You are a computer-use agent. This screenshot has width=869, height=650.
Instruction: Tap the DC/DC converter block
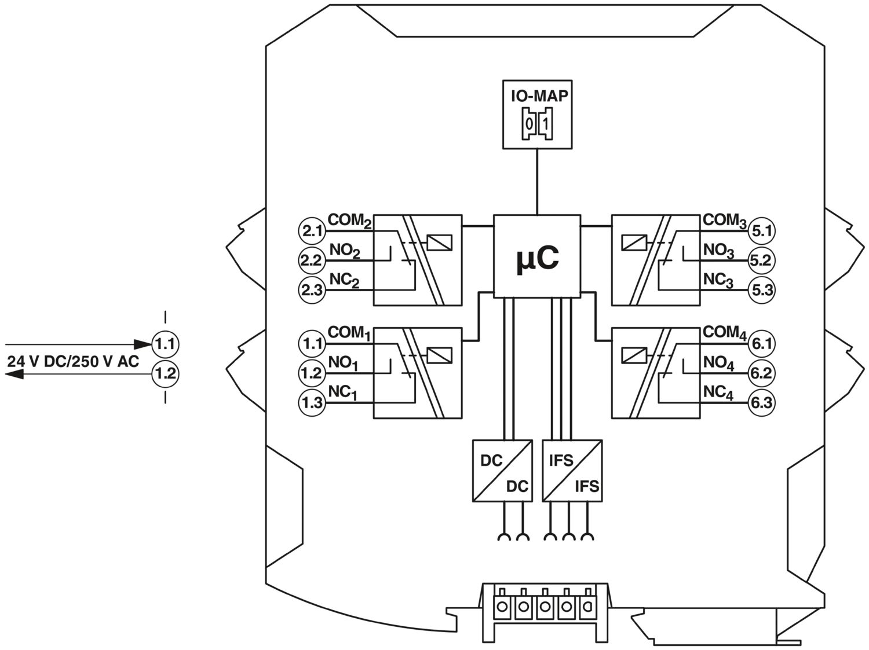tap(501, 470)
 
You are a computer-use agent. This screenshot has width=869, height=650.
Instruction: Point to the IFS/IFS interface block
tap(572, 470)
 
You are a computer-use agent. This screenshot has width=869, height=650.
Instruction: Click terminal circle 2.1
tap(312, 231)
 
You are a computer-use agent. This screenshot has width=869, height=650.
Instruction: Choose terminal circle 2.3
tap(312, 289)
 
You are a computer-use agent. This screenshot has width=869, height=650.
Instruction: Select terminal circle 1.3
tap(312, 402)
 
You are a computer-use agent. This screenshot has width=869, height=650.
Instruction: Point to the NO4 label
tap(718, 363)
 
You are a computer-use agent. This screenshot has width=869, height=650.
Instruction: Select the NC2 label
tap(344, 280)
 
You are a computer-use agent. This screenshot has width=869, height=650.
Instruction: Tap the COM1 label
tap(348, 333)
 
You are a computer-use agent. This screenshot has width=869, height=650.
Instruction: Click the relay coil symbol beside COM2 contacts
tap(439, 243)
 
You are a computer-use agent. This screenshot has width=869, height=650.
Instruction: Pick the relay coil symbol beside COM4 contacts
tap(634, 355)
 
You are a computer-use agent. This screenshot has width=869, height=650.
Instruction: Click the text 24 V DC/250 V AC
tap(73, 362)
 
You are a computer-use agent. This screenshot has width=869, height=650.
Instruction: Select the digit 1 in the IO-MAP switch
tap(546, 124)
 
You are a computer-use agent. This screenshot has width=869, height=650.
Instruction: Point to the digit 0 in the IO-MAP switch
tap(529, 124)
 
